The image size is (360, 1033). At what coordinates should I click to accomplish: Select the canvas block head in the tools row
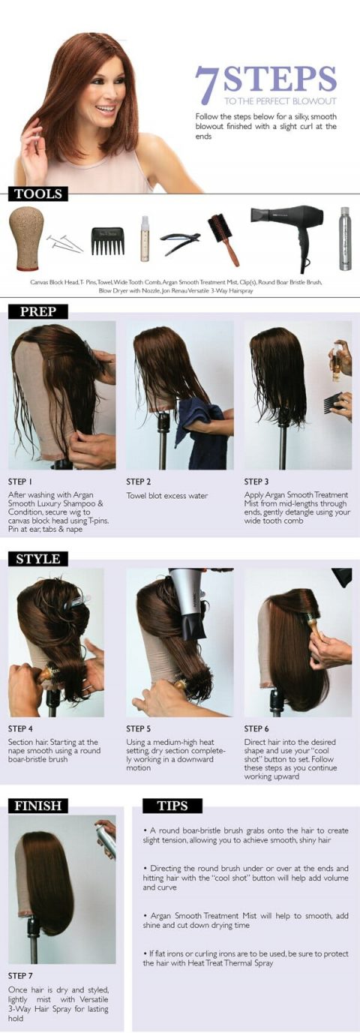click(x=26, y=238)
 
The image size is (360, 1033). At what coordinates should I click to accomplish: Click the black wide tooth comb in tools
click(x=106, y=240)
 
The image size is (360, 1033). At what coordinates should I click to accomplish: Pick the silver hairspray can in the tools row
click(x=344, y=239)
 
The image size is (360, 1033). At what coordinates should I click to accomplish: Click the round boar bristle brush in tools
click(x=223, y=238)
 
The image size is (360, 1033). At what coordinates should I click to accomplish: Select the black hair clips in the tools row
click(x=180, y=242)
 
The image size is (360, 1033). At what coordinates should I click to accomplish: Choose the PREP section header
click(x=37, y=311)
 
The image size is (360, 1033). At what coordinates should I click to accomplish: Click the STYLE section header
click(x=38, y=558)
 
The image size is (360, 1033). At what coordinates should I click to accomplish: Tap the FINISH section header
click(x=38, y=806)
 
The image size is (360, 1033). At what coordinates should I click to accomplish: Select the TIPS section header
click(x=172, y=806)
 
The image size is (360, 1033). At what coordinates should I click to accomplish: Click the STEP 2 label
click(x=139, y=482)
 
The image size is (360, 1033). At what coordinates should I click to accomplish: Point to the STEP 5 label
click(x=139, y=728)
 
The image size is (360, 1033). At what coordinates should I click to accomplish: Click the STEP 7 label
click(x=21, y=976)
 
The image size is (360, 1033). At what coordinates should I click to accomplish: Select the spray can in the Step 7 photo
click(x=106, y=840)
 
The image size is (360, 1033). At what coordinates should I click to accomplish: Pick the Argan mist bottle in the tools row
click(x=145, y=239)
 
